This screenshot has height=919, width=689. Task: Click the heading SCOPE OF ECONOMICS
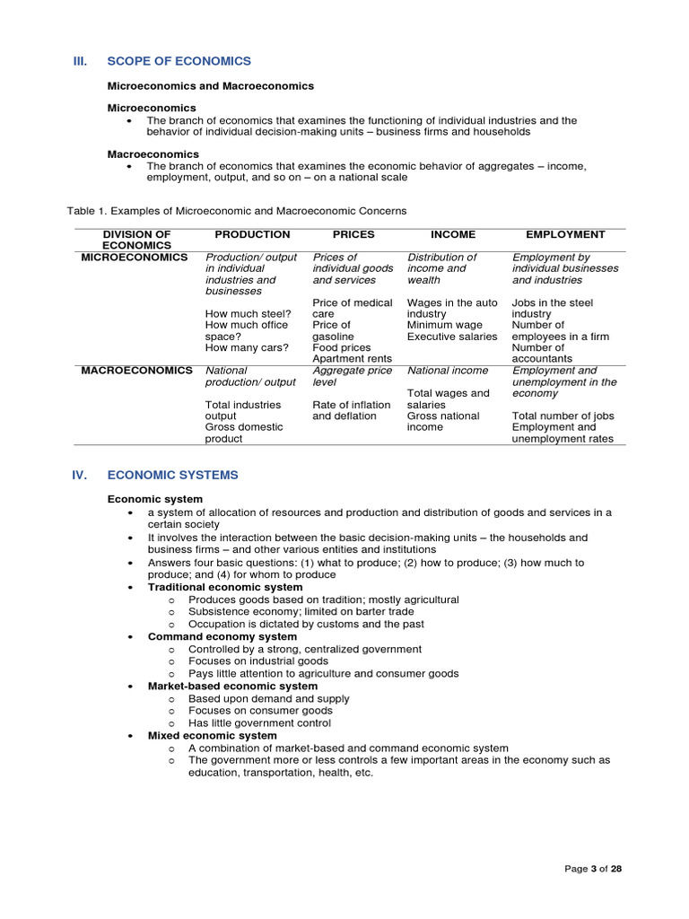pos(179,61)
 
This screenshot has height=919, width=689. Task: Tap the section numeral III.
pos(80,61)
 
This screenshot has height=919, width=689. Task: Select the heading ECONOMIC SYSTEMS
pos(172,475)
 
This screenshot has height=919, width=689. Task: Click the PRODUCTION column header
pos(252,234)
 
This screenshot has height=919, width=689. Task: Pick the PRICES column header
pos(353,234)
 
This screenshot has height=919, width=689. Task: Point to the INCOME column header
pos(453,234)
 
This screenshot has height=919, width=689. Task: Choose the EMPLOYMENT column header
pos(565,234)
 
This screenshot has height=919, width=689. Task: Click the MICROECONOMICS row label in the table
pos(135,257)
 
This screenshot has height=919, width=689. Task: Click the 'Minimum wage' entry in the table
pos(446,325)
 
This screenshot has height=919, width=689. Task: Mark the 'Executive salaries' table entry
pos(452,337)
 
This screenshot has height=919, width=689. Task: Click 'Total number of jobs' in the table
pos(563,416)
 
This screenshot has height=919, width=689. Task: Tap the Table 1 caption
pos(236,211)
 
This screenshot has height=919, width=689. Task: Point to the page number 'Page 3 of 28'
pos(595,869)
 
